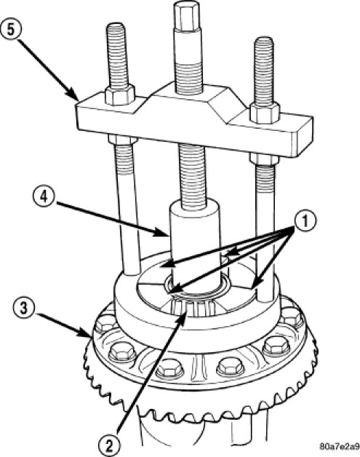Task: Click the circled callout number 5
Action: (11, 30)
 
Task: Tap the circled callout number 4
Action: (44, 197)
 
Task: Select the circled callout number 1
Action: (305, 223)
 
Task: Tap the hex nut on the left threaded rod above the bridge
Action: (120, 95)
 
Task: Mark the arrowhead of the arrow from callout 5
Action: (75, 97)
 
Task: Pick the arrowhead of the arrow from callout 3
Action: (86, 333)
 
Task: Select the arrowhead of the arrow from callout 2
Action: (183, 317)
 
